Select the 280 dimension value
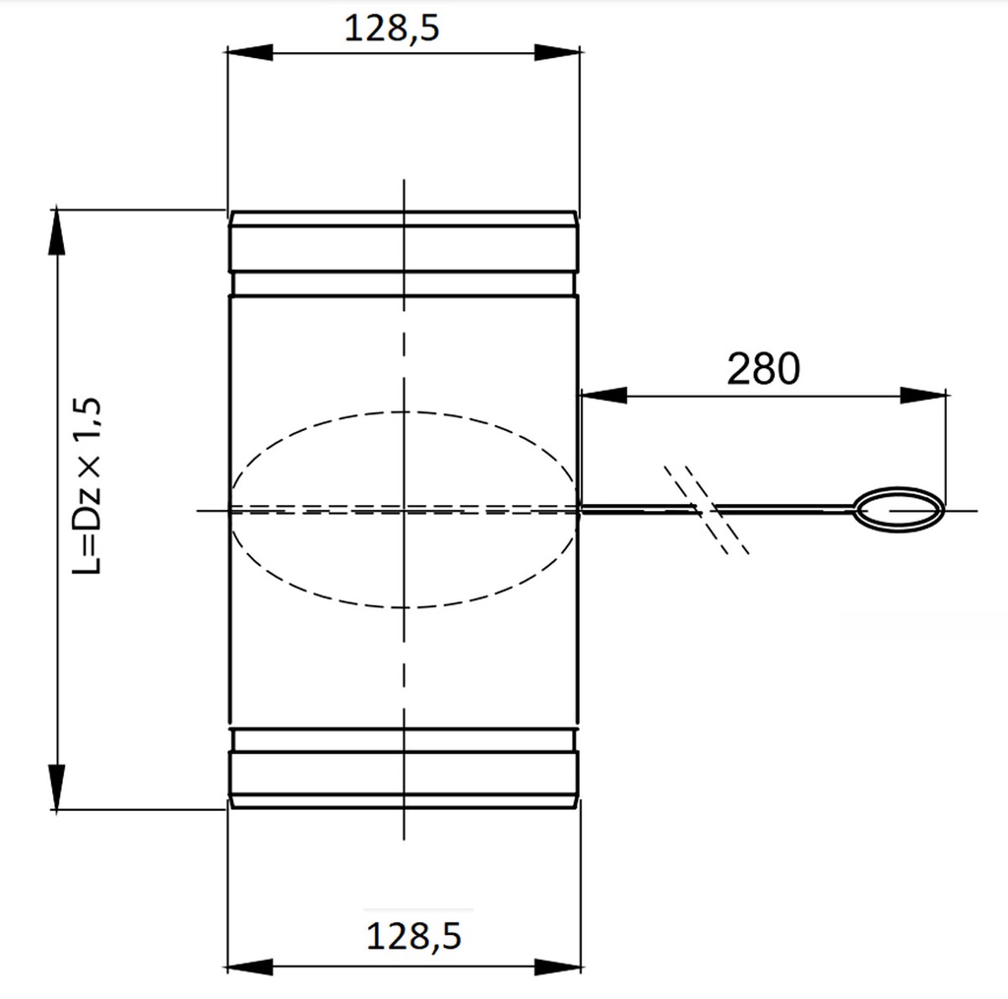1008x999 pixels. (x=763, y=369)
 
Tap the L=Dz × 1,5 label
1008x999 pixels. (x=91, y=486)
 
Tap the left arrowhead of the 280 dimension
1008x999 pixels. (x=603, y=395)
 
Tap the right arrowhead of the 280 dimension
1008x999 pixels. (x=924, y=395)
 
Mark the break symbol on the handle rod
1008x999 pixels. (x=707, y=509)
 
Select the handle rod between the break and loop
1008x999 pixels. (x=787, y=509)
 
